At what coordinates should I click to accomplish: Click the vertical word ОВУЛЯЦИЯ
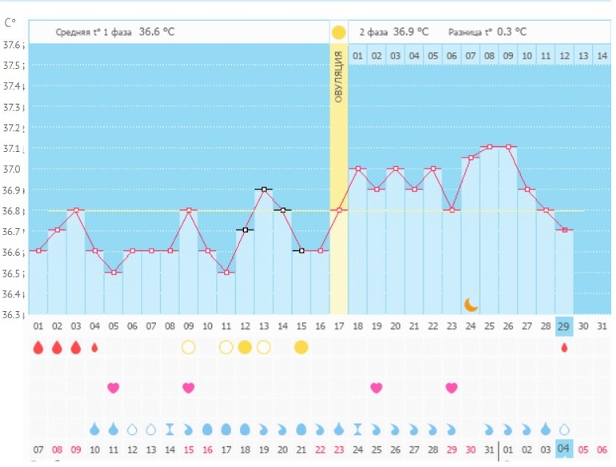338,78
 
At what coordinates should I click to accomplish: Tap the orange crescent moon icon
471,304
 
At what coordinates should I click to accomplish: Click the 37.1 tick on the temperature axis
14,149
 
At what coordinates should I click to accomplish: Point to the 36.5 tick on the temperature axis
14,273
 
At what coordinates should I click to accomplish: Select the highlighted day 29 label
564,326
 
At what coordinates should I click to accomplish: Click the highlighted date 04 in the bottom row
564,449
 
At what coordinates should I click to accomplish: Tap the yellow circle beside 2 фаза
338,32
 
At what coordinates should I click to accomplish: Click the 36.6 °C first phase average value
157,32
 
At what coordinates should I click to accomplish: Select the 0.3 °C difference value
510,32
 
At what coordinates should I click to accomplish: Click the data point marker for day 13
263,189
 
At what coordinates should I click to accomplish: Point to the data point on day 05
113,273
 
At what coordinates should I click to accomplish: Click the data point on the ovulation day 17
338,210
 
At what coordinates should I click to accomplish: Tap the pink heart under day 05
113,388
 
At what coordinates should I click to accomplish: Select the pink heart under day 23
452,388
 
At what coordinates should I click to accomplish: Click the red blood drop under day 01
38,348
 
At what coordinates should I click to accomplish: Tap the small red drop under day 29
564,348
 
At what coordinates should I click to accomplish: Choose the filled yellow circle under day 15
301,347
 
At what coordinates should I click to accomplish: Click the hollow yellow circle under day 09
188,347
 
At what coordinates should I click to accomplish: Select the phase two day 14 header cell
602,55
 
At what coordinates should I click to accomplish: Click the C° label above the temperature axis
12,23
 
